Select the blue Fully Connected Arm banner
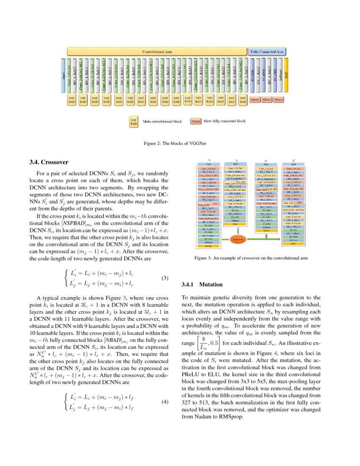[x=267, y=51]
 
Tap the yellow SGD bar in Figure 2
[x=286, y=75]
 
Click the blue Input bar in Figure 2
[x=63, y=75]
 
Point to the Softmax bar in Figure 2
[x=280, y=75]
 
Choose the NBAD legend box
[x=196, y=121]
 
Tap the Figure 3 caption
[x=251, y=258]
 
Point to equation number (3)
[x=166, y=278]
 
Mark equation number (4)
[x=166, y=402]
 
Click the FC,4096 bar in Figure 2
[x=253, y=75]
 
